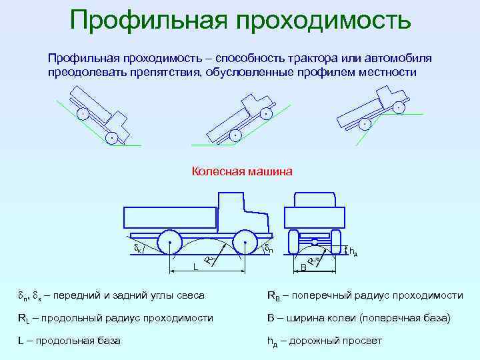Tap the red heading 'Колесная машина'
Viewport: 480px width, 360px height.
tap(242, 172)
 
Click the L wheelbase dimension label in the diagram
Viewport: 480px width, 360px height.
tap(195, 267)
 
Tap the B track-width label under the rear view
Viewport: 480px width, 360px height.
tap(303, 267)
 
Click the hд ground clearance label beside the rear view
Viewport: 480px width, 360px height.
tap(353, 251)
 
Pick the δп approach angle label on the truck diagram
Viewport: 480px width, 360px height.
tap(267, 249)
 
